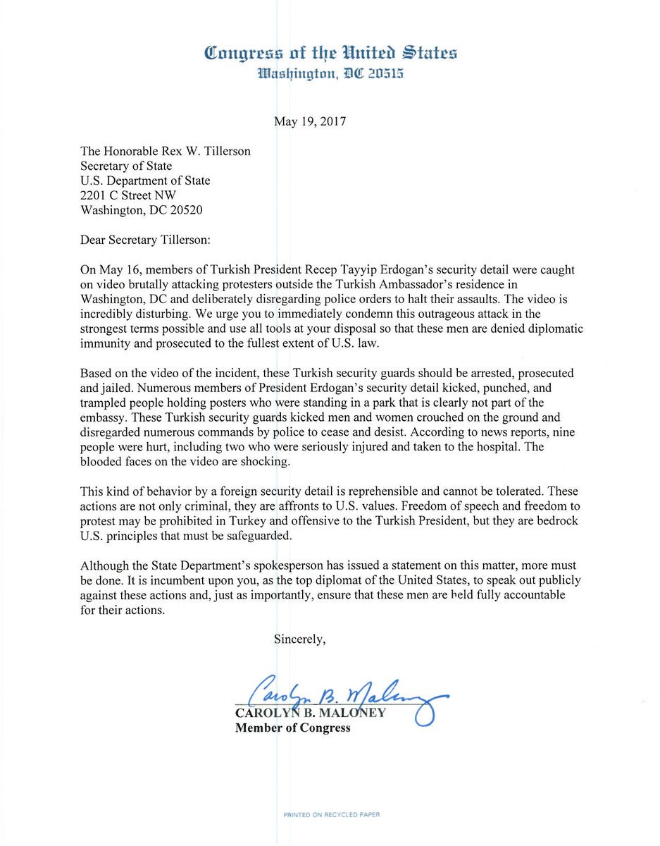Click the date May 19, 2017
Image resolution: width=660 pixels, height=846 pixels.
tap(309, 121)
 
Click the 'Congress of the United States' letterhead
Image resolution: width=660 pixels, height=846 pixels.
tap(330, 52)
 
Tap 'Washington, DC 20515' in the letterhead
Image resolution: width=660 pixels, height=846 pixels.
tap(330, 73)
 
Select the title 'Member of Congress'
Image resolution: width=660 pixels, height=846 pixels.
tap(292, 728)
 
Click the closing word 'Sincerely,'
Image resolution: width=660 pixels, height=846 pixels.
tap(299, 639)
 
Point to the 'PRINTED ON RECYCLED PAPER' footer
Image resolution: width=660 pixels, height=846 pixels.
tap(331, 815)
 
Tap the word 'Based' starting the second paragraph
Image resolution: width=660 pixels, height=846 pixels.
tap(96, 373)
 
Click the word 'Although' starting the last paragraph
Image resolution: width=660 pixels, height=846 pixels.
tap(103, 566)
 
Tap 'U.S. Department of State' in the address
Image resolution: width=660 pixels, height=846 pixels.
tap(145, 180)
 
